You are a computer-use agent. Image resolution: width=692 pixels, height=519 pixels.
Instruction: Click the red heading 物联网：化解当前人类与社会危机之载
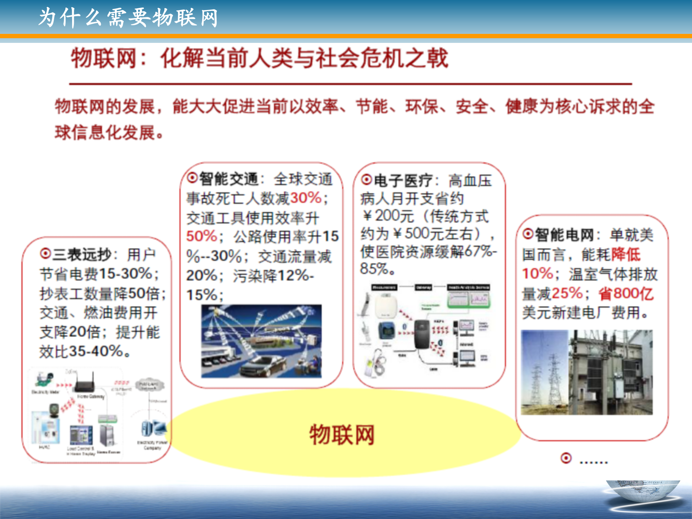point(259,58)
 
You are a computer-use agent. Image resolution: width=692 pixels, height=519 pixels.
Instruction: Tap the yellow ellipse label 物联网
point(342,435)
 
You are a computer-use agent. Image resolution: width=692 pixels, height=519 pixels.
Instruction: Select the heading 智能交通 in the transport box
point(229,179)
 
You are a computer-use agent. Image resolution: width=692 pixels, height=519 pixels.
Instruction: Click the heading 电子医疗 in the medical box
point(403,181)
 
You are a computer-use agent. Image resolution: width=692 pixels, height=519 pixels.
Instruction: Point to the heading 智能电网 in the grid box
point(564,235)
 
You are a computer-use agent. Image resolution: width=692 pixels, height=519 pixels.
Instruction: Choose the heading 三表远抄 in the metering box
point(82,255)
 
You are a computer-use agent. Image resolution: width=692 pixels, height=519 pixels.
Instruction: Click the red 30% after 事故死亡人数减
point(306,198)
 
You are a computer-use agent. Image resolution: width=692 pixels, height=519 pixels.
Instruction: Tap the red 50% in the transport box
point(201,237)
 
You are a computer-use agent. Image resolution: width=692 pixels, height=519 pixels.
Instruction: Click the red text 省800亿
point(626,294)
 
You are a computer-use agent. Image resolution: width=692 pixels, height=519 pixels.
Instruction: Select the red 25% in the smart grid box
point(567,294)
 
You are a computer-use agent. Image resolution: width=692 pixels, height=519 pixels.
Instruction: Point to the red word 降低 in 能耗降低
point(626,255)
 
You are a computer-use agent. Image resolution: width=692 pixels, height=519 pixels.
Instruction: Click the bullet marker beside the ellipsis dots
point(566,458)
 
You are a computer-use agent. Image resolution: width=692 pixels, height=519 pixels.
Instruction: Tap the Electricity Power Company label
point(152,445)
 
